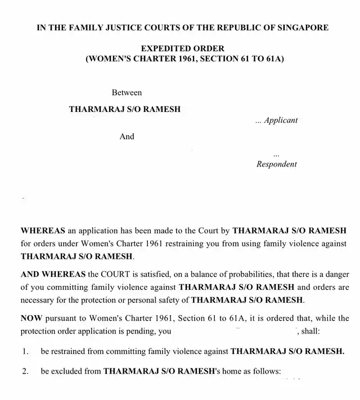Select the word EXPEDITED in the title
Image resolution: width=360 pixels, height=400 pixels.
click(x=163, y=48)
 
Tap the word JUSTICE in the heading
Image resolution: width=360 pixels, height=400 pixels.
click(x=128, y=27)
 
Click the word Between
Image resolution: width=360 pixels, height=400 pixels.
click(x=127, y=92)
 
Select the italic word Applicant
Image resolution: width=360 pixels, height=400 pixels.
click(x=281, y=120)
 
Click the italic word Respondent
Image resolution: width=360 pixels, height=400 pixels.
click(x=276, y=164)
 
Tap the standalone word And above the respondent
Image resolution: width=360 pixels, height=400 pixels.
click(x=127, y=136)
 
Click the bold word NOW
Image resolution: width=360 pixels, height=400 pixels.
click(x=31, y=318)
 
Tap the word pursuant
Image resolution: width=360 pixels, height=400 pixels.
click(x=60, y=318)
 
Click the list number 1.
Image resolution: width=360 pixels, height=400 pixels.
click(x=25, y=352)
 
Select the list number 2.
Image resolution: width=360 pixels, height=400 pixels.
click(x=25, y=372)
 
